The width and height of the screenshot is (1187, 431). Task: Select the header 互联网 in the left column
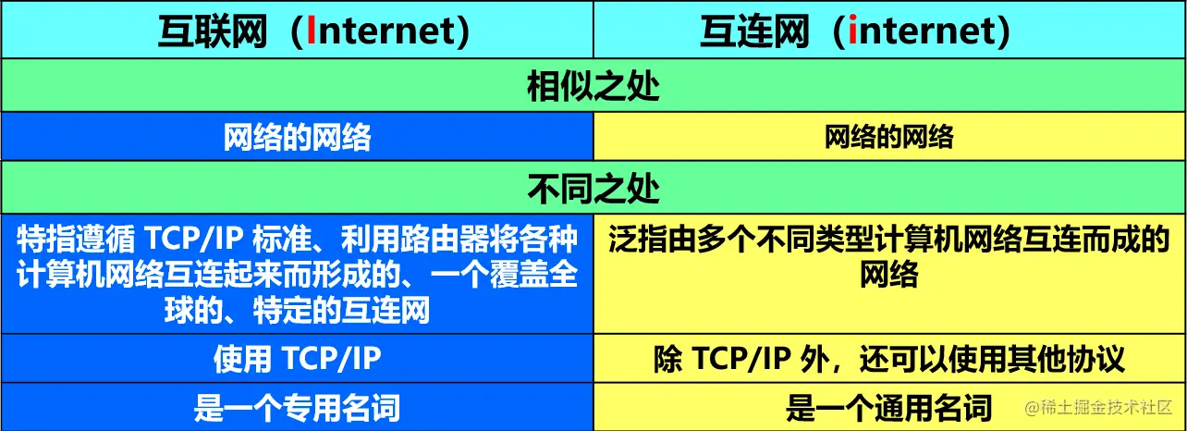click(x=212, y=31)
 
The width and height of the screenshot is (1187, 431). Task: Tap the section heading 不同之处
click(x=593, y=188)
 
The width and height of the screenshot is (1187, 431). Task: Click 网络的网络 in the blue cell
click(x=297, y=137)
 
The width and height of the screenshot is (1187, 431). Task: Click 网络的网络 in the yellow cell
click(x=888, y=137)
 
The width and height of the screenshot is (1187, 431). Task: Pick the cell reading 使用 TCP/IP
click(x=297, y=359)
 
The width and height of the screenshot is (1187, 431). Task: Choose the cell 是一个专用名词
click(x=297, y=407)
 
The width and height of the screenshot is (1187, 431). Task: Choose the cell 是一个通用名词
click(x=888, y=407)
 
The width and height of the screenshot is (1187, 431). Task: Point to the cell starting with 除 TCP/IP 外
click(x=888, y=359)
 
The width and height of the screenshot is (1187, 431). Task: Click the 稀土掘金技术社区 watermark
click(x=1098, y=408)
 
